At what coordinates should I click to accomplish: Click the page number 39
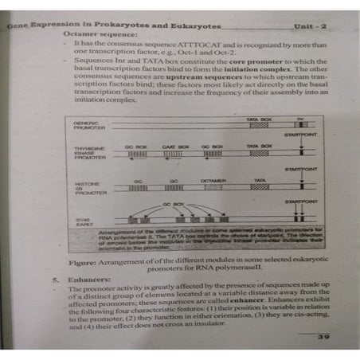tap(323, 337)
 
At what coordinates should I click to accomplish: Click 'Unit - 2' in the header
tap(311, 26)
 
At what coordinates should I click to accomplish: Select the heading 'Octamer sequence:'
tap(93, 37)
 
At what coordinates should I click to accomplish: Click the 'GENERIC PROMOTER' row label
tap(85, 127)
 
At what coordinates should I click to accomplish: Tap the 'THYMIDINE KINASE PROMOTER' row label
tap(87, 153)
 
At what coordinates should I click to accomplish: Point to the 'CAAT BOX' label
tap(174, 147)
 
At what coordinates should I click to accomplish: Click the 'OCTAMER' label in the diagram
tap(213, 182)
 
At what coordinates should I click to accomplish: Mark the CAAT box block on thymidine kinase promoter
tap(174, 155)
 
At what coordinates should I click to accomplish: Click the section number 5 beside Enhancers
tap(56, 280)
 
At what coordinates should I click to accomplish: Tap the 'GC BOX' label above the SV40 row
tap(173, 203)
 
